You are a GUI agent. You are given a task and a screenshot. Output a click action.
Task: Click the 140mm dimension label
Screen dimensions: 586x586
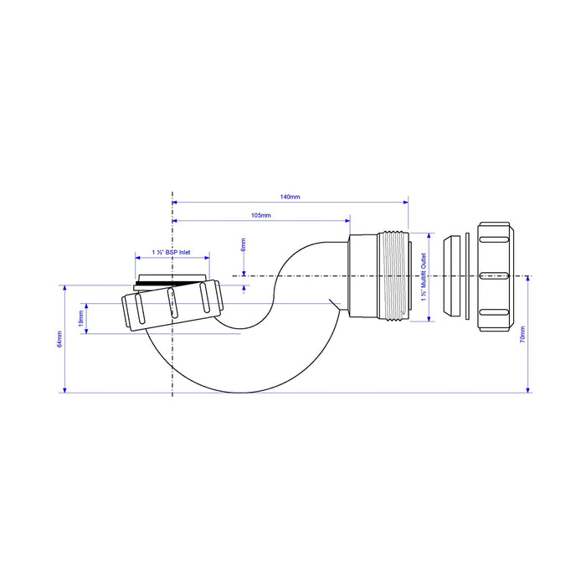(x=290, y=197)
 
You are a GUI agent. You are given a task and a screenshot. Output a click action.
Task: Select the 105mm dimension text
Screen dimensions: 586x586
(x=261, y=216)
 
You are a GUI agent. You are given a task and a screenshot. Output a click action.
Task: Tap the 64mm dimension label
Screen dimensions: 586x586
(x=59, y=339)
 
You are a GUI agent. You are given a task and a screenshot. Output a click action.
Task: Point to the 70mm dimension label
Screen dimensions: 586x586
(x=522, y=335)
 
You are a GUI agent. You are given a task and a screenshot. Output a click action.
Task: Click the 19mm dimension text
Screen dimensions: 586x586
(x=80, y=318)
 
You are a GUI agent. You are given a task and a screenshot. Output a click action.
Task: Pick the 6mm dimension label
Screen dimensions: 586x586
(x=244, y=244)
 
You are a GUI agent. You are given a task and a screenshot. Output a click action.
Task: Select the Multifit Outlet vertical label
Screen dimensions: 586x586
(x=424, y=277)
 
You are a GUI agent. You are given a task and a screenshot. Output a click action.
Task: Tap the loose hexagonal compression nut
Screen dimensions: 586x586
(x=494, y=276)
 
